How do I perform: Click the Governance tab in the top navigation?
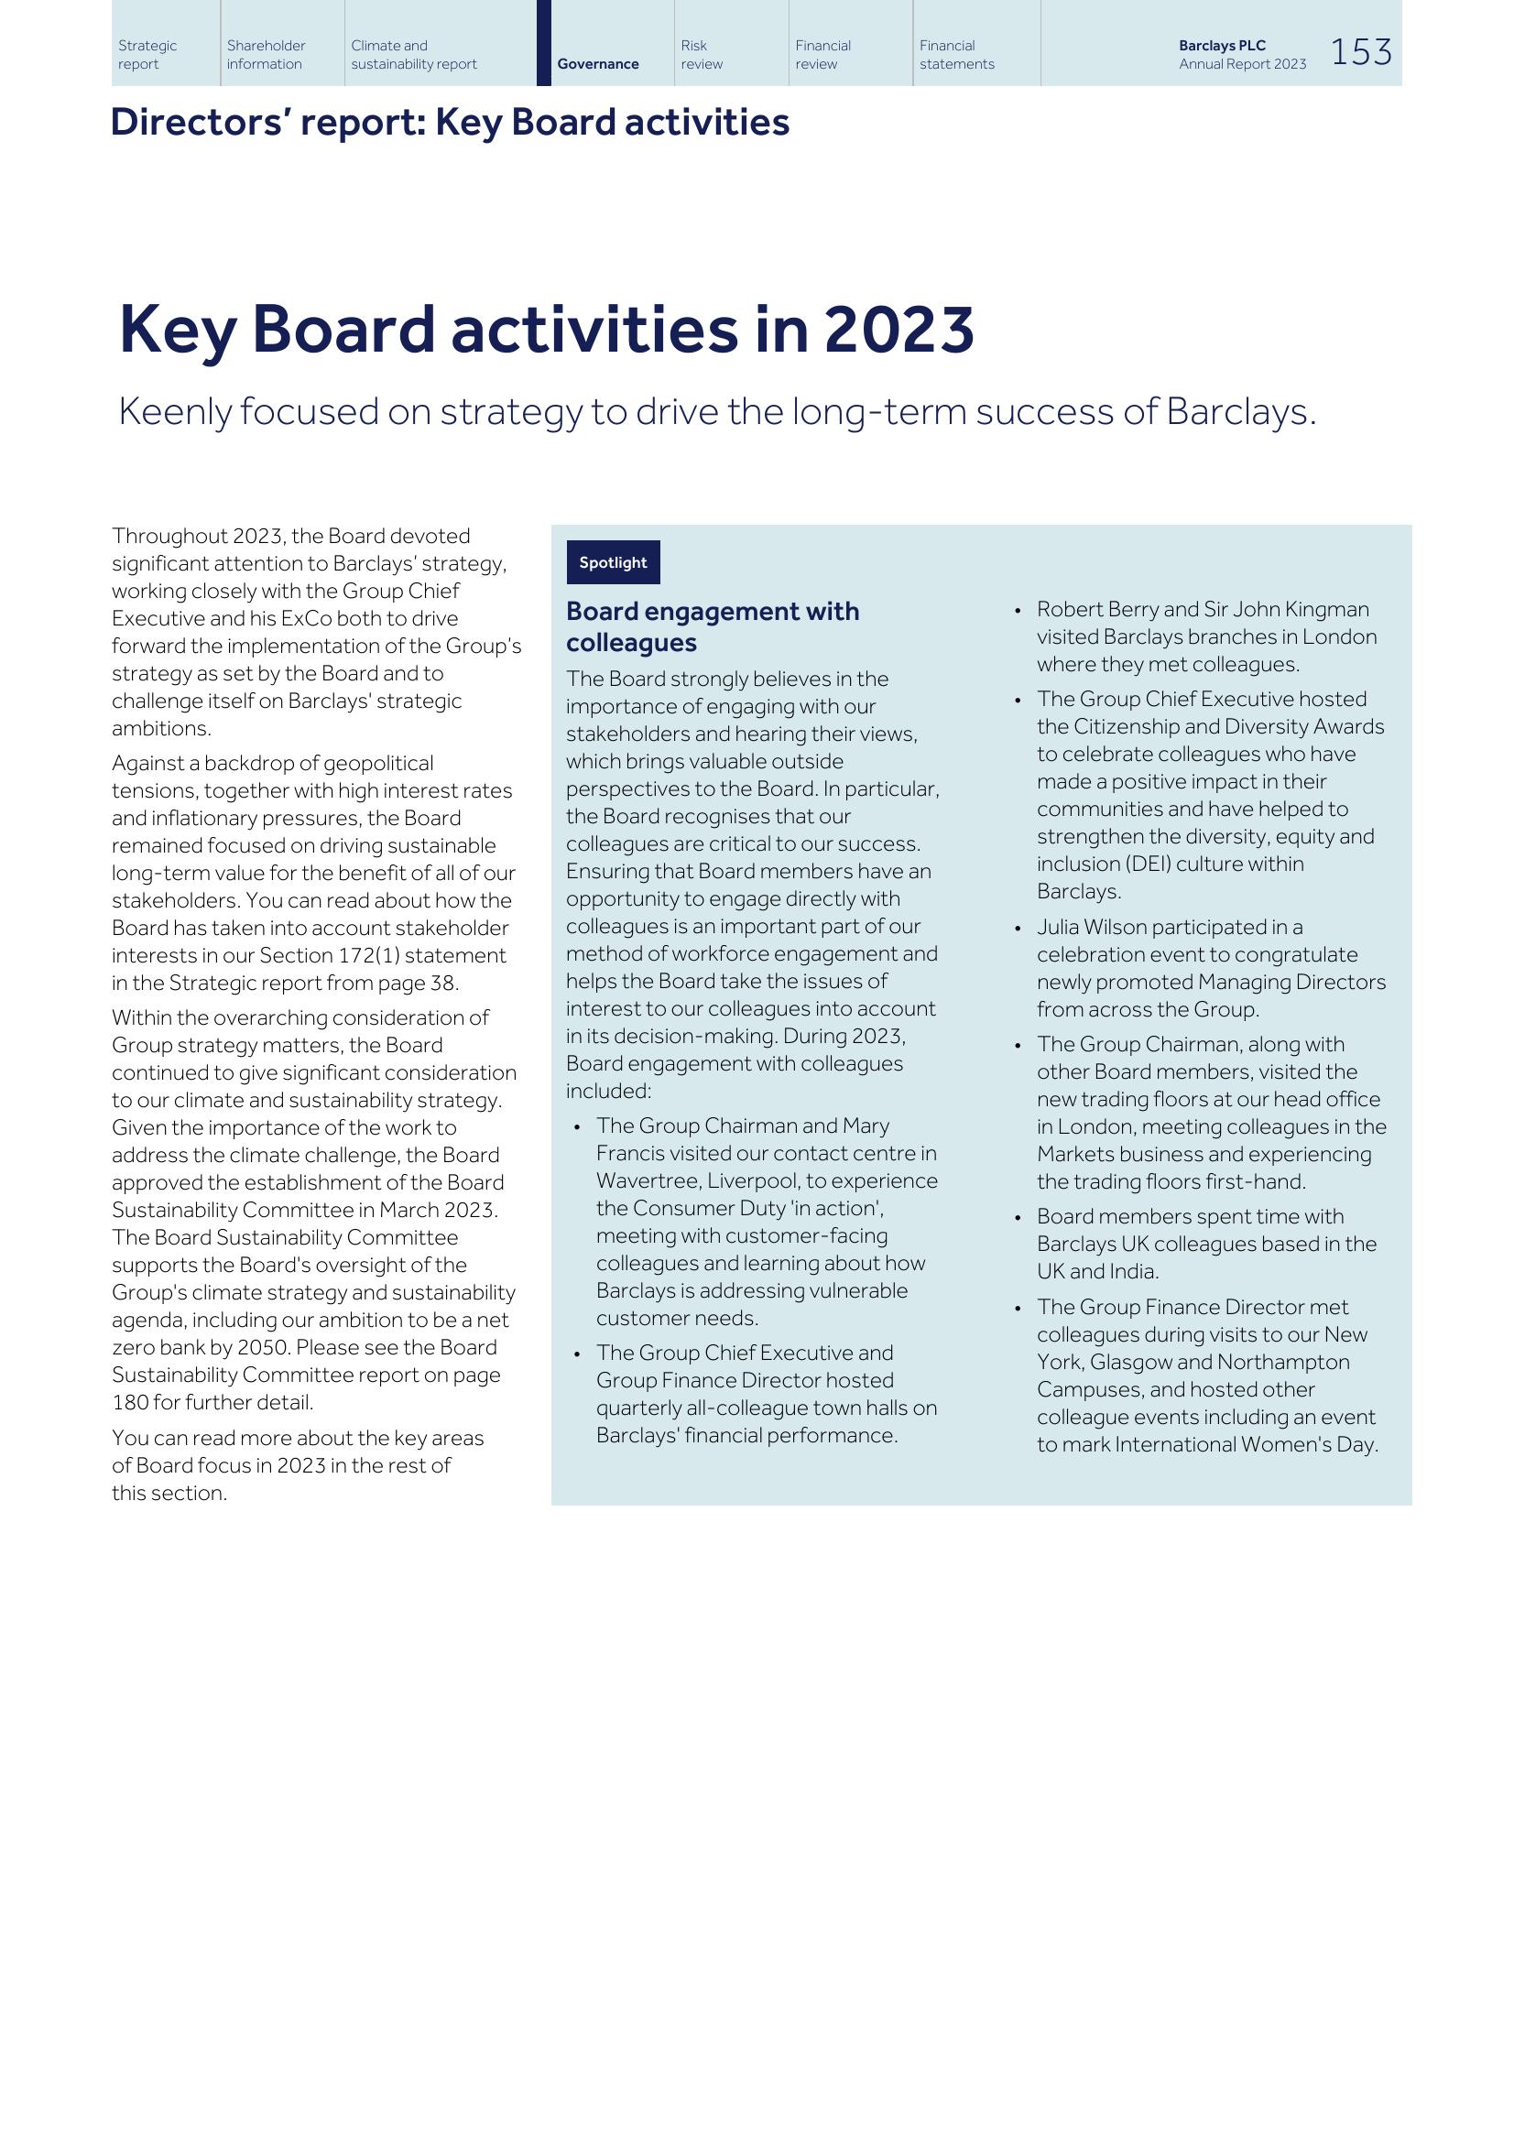(598, 64)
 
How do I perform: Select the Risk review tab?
(701, 55)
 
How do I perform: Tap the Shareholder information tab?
(266, 55)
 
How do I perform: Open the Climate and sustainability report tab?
(413, 55)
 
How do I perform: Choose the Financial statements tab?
(956, 55)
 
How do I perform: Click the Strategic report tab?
(147, 55)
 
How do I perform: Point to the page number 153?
(1360, 52)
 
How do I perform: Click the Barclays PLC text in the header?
(1221, 46)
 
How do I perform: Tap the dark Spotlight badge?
(613, 562)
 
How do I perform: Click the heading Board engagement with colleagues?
(712, 626)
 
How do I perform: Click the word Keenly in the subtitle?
(174, 411)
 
